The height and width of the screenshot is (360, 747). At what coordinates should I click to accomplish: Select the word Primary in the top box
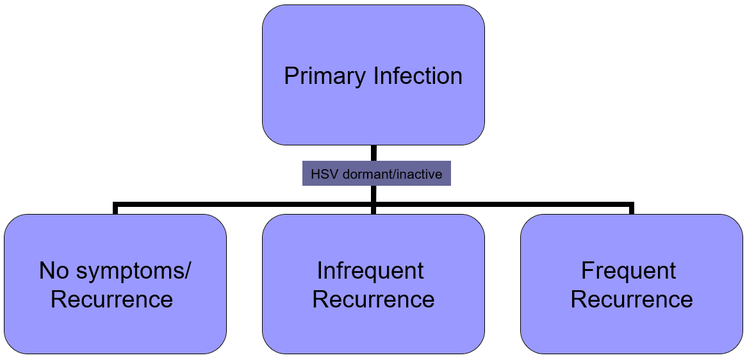click(x=325, y=76)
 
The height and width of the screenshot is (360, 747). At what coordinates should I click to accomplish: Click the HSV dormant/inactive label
click(x=376, y=174)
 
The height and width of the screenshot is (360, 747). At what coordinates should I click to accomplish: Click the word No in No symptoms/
click(x=54, y=271)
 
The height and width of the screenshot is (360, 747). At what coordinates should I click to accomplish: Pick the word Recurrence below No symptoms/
click(x=112, y=299)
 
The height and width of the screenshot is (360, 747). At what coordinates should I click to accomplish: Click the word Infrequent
click(x=370, y=271)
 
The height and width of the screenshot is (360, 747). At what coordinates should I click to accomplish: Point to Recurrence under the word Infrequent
click(x=373, y=299)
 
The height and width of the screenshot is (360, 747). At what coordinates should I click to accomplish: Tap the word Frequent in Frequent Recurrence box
click(x=628, y=271)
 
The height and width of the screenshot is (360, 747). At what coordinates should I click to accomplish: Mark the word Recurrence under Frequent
click(x=632, y=299)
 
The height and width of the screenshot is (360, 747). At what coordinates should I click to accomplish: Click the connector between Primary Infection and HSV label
click(x=373, y=153)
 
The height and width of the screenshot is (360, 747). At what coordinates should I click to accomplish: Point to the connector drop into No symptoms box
click(x=115, y=209)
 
